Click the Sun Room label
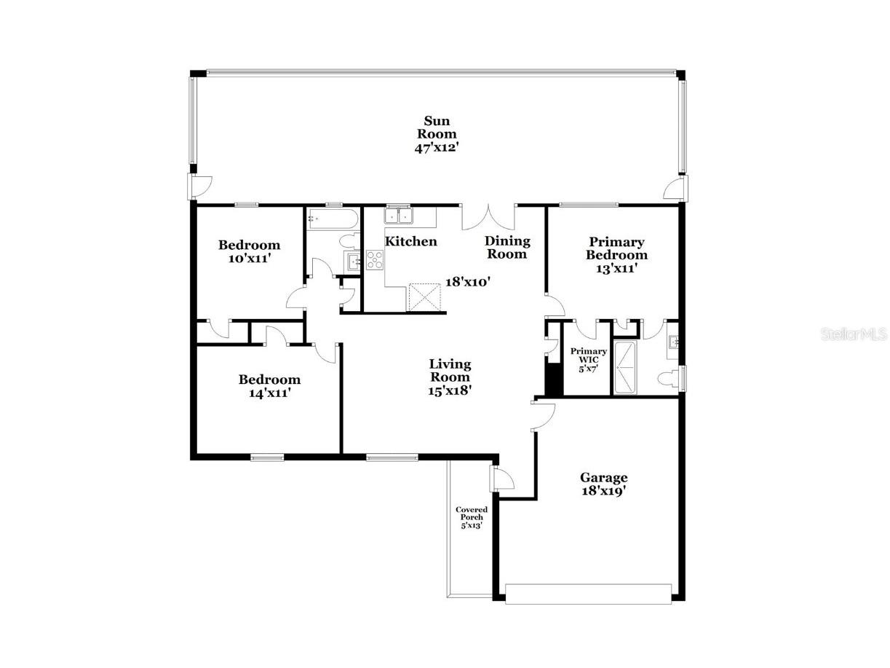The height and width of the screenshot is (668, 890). tap(437, 127)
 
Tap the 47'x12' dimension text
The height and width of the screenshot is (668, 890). tap(437, 146)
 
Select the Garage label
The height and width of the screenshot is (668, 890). tap(603, 478)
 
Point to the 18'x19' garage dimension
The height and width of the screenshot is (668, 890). tap(603, 491)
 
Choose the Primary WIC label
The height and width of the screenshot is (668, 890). tap(588, 355)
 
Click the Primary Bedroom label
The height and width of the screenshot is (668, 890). tap(616, 248)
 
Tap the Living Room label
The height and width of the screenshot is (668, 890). tap(450, 370)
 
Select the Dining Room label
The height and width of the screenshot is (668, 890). tap(507, 247)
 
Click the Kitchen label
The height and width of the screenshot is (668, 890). tap(410, 241)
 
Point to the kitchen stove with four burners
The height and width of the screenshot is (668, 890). tap(375, 259)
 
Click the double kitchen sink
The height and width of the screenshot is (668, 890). tap(399, 216)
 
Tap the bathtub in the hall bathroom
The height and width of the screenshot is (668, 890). tap(332, 217)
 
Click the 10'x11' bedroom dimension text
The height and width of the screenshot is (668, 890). tap(249, 258)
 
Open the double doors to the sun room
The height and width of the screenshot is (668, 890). tap(488, 216)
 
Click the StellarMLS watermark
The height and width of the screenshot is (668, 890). tap(854, 334)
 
